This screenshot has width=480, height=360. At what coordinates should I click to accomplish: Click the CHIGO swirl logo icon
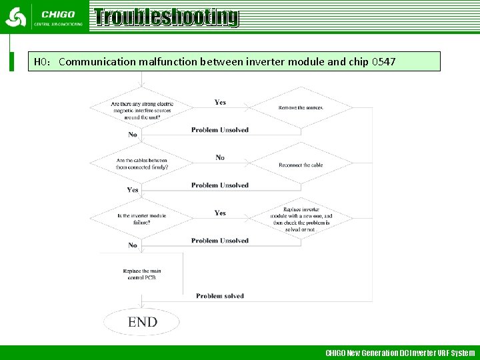[x=15, y=17]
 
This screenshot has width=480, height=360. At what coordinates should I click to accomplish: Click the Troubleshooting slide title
[x=166, y=17]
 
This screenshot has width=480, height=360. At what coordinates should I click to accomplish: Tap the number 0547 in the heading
[x=383, y=62]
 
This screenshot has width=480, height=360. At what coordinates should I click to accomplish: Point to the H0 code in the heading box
[x=42, y=62]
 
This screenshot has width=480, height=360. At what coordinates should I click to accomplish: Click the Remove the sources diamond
[x=301, y=107]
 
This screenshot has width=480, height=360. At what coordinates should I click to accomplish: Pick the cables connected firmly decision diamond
[x=142, y=163]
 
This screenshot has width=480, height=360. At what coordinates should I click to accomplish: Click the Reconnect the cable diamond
[x=301, y=165]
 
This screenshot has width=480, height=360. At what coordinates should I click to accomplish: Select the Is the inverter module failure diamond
[x=142, y=219]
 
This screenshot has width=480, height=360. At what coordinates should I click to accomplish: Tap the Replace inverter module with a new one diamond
[x=301, y=219]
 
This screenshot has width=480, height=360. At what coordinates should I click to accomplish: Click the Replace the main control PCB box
[x=142, y=274]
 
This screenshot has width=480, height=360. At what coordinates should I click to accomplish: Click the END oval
[x=142, y=322]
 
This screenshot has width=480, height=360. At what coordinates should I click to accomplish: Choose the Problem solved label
[x=220, y=296]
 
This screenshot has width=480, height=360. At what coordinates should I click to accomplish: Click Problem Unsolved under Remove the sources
[x=220, y=130]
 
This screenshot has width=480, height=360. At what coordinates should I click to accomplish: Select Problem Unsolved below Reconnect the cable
[x=220, y=185]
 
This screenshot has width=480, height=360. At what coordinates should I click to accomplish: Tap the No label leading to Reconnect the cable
[x=220, y=157]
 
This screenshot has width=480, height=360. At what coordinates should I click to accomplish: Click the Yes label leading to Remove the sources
[x=220, y=102]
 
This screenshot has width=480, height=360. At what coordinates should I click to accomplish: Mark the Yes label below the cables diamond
[x=133, y=190]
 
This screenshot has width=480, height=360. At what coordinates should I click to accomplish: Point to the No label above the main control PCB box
[x=133, y=245]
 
